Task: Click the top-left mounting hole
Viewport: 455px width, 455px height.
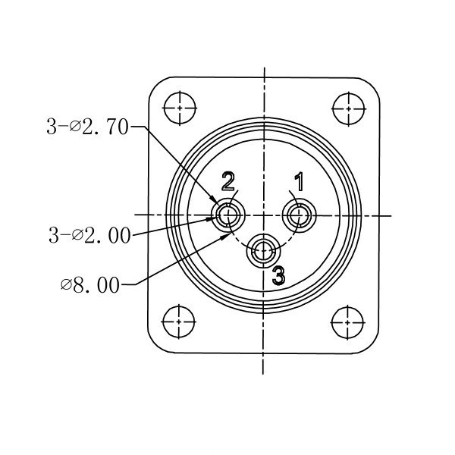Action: click(x=180, y=107)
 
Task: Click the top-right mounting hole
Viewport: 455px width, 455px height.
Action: click(x=348, y=107)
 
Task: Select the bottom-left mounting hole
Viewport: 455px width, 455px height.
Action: click(x=180, y=319)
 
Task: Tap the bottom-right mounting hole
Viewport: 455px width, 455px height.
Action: click(x=348, y=319)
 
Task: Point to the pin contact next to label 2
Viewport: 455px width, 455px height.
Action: click(x=228, y=216)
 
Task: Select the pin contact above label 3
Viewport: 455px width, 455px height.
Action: click(x=264, y=251)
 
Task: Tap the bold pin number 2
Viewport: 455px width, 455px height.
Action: click(x=228, y=181)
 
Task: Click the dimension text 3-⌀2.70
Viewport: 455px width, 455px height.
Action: click(x=88, y=127)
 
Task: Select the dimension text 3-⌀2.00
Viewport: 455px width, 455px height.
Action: click(x=89, y=236)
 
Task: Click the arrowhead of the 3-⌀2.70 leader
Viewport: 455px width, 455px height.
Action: click(x=218, y=203)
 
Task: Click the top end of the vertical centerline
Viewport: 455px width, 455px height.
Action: click(x=264, y=68)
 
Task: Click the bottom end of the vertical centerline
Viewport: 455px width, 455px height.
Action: click(x=264, y=373)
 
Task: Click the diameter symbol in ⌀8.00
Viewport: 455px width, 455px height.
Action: click(x=66, y=286)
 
